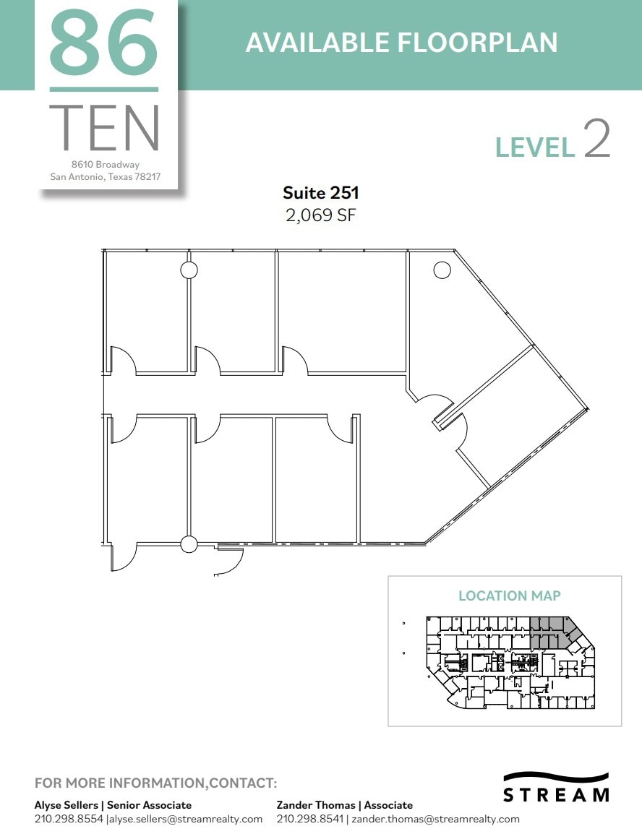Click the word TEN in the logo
click(105, 129)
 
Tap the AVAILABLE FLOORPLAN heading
click(401, 43)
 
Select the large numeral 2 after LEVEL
click(596, 140)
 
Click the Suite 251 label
click(320, 193)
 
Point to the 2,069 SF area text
click(320, 215)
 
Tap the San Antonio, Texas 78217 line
click(105, 176)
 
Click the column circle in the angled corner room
click(442, 270)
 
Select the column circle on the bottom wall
click(189, 544)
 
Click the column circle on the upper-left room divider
click(189, 270)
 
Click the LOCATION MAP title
click(509, 596)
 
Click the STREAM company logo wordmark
click(555, 795)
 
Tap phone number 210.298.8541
click(309, 819)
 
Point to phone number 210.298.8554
click(69, 819)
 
